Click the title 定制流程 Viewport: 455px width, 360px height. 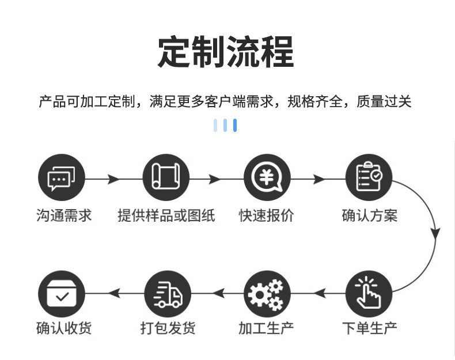(x=226, y=52)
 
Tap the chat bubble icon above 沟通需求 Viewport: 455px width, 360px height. (x=62, y=177)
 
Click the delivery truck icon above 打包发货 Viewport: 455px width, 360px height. (x=168, y=294)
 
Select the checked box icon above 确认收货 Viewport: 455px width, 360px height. (x=62, y=294)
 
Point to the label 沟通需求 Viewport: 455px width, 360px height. (x=64, y=215)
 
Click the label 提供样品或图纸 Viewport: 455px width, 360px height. (x=166, y=215)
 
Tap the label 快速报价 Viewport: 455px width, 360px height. (x=267, y=215)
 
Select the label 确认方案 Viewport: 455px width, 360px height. (x=370, y=215)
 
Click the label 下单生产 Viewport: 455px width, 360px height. (x=370, y=328)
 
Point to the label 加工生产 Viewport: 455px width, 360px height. (x=266, y=328)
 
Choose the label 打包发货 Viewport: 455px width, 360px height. (x=168, y=328)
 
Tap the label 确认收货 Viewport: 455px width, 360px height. (x=64, y=328)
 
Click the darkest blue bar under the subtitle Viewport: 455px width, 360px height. (x=235, y=125)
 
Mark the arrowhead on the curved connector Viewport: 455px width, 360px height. (x=435, y=233)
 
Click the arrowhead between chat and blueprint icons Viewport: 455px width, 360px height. (x=113, y=179)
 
